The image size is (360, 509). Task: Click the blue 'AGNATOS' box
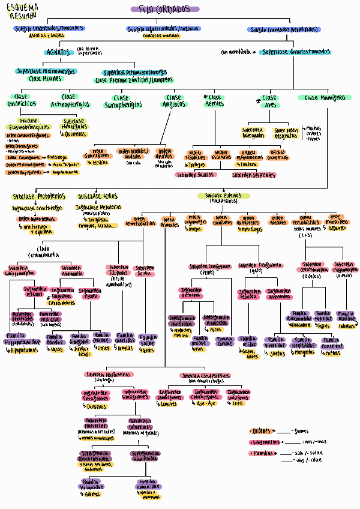60,52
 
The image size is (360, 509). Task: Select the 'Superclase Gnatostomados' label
296,52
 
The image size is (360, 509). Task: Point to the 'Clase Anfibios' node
174,101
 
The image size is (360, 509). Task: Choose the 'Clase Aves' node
269,101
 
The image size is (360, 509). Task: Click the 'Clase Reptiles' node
214,101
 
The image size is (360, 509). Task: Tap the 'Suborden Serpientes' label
254,175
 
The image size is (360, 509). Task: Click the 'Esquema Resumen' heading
21,11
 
